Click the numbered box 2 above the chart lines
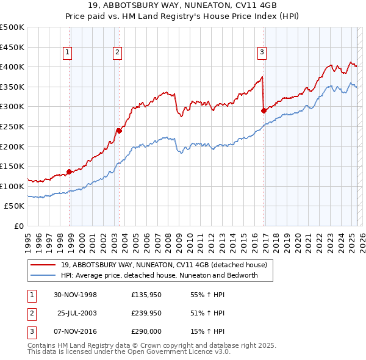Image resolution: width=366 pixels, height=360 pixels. click(x=117, y=52)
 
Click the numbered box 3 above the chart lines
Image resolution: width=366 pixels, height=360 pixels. click(x=261, y=52)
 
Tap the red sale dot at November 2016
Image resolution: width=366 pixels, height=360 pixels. click(x=264, y=110)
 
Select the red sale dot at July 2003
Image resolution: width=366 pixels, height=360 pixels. click(x=119, y=130)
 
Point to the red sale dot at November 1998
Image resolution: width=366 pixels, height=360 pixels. click(x=70, y=171)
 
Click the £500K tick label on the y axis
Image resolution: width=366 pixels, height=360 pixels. click(x=12, y=27)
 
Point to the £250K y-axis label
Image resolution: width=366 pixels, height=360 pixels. click(x=12, y=126)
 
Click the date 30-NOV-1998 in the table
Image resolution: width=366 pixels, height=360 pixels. click(x=76, y=295)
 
